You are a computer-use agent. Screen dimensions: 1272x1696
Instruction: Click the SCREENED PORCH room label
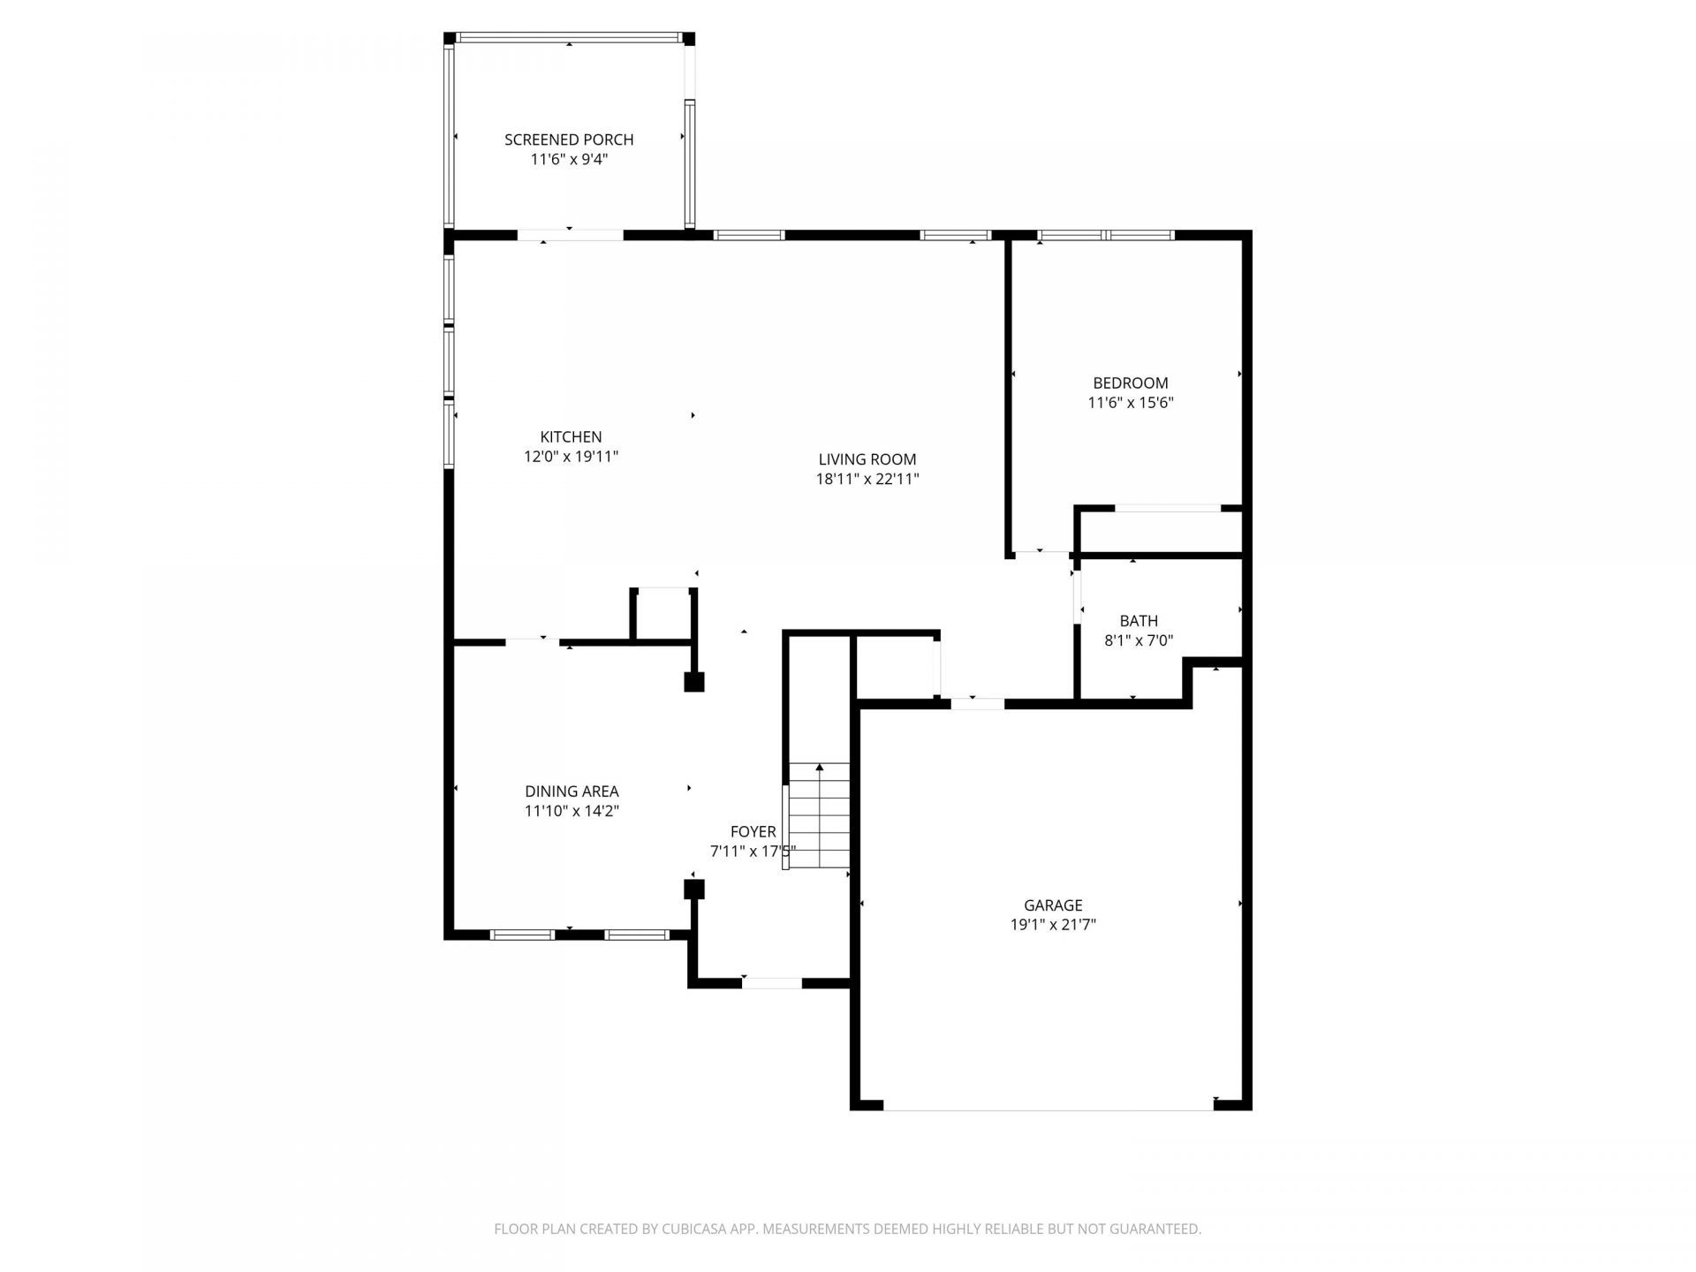[569, 140]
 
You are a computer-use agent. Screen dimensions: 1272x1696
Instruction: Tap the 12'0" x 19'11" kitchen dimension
[571, 457]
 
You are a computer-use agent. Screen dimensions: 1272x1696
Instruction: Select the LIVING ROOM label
[867, 459]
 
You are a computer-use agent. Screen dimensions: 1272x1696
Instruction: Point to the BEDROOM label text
[1130, 383]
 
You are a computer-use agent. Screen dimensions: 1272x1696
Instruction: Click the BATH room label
[1138, 621]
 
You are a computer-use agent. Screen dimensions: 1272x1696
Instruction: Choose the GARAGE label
[1052, 905]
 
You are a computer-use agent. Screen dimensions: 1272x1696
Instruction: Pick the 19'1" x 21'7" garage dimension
[1052, 926]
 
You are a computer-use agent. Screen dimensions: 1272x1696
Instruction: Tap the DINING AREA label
[572, 791]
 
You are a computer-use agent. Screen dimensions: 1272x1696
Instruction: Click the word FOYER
[753, 832]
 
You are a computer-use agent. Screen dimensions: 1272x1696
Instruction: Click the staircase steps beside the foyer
[819, 817]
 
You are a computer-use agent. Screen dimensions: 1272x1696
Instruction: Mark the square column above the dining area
[694, 682]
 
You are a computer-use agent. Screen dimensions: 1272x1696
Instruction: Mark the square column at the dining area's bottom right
[694, 889]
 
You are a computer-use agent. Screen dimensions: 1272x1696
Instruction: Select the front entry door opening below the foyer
[771, 983]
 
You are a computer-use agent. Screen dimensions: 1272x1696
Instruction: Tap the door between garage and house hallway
[977, 704]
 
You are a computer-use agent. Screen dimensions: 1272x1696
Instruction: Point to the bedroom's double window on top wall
[1105, 235]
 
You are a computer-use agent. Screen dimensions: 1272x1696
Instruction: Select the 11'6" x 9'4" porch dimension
[569, 160]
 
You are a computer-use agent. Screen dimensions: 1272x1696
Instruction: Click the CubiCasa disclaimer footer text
[847, 1229]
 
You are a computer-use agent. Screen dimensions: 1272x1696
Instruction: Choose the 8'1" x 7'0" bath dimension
[1138, 641]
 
